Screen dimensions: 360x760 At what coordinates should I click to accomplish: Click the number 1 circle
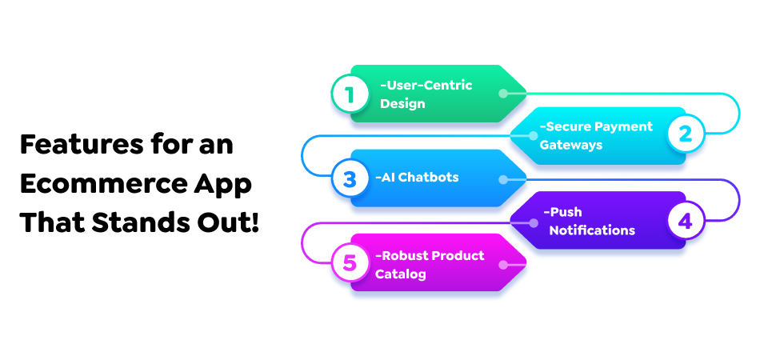coord(349,94)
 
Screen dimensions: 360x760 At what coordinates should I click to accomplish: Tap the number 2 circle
coord(686,135)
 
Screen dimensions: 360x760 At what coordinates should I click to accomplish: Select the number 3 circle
coord(349,178)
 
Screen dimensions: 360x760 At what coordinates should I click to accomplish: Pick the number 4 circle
coord(686,220)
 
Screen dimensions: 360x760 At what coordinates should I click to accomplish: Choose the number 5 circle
coord(349,262)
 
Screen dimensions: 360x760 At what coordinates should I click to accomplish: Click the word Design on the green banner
coord(403,103)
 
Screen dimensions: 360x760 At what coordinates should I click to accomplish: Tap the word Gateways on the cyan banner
coord(571,145)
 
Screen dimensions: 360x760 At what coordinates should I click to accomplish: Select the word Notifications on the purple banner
coord(592,230)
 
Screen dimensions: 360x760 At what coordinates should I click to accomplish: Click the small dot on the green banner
coord(502,94)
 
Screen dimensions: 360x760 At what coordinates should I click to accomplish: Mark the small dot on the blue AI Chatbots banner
coord(502,178)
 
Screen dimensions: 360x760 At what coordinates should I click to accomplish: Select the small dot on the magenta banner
coord(502,262)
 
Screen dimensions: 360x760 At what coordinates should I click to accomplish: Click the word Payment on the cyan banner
coord(623,126)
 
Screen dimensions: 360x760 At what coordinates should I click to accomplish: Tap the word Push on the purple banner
coord(564,212)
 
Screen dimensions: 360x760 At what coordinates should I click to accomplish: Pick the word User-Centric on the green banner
coord(426,85)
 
